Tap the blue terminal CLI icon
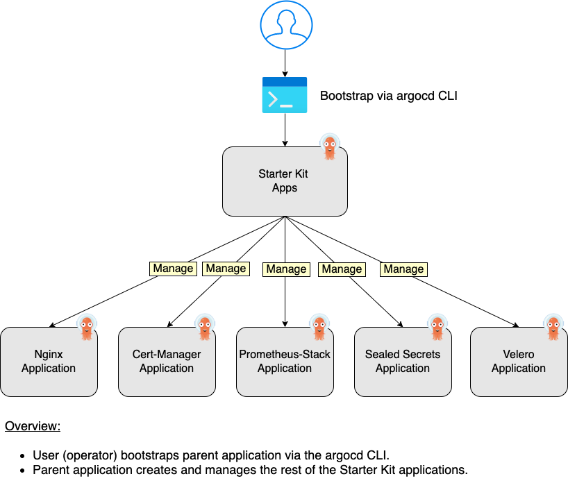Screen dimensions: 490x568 pos(285,96)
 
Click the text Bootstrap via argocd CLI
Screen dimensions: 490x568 pos(388,96)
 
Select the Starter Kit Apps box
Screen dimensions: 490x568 pos(285,180)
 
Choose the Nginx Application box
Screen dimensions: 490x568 pos(49,362)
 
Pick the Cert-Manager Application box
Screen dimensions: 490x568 pos(167,362)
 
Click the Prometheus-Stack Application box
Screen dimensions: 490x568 pos(285,362)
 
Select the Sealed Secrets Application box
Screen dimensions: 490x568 pos(403,362)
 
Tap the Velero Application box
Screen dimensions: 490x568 pos(519,362)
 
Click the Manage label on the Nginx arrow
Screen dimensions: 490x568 pos(173,269)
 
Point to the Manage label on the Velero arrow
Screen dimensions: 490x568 pos(403,269)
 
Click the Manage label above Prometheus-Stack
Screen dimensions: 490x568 pos(286,269)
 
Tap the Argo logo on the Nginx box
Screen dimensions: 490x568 pos(87,328)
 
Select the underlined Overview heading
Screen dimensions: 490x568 pos(33,426)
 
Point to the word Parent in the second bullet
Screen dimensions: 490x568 pos(51,470)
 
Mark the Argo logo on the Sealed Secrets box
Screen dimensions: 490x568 pos(437,328)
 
